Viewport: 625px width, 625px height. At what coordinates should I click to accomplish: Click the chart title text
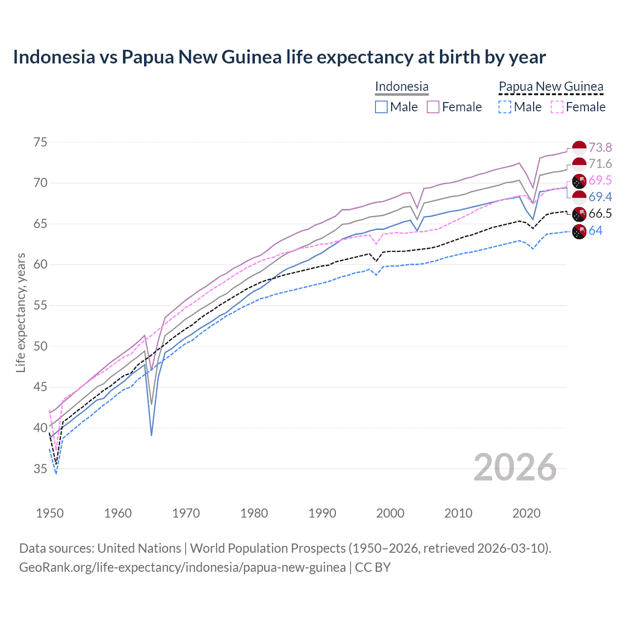point(279,57)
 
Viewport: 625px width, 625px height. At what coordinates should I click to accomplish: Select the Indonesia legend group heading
point(401,87)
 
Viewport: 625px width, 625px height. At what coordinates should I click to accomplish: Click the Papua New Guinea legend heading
point(551,87)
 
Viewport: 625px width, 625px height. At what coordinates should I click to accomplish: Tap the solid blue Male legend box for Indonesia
point(381,107)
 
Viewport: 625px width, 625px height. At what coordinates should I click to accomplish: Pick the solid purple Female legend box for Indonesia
point(433,107)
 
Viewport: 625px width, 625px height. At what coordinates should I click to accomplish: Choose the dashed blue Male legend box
point(505,107)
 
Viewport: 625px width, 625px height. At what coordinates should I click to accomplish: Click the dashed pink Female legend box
point(557,107)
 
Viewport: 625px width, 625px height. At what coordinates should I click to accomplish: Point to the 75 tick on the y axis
point(41,143)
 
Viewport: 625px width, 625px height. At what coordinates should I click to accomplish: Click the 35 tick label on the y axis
point(41,469)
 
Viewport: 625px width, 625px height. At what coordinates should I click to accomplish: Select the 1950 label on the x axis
point(50,513)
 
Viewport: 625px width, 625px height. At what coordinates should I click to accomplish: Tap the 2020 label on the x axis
point(526,513)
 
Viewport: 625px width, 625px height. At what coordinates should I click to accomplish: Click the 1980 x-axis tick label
point(254,513)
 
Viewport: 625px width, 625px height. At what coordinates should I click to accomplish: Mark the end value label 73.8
point(600,147)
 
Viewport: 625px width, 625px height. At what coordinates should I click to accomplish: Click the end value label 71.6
point(600,164)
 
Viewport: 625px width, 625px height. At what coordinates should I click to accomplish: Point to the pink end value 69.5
point(600,181)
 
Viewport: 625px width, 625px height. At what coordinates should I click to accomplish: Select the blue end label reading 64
point(595,230)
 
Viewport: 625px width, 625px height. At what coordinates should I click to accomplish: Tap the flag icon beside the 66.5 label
point(579,214)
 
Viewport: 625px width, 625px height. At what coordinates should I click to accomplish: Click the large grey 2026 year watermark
point(515,467)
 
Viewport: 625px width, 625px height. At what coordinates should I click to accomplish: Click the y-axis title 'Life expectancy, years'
point(21,312)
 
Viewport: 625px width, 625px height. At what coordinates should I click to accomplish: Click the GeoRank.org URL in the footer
point(182,567)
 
